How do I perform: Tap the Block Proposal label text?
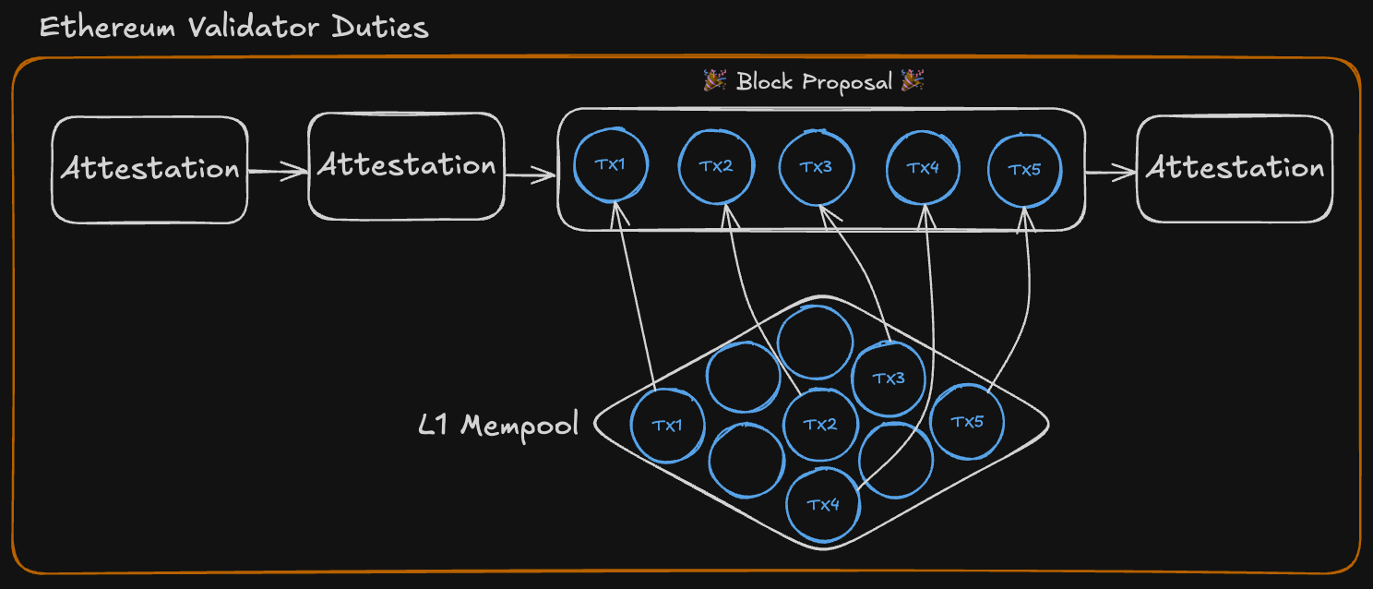[x=814, y=82]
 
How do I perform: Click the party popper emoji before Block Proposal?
[x=715, y=81]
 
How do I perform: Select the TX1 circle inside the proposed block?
[x=610, y=165]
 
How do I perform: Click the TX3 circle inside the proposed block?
[x=816, y=167]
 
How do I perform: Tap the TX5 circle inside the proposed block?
[x=1024, y=170]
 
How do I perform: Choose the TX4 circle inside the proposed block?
[x=923, y=168]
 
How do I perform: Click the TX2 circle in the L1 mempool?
[x=819, y=425]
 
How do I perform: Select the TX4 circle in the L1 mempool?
[x=823, y=505]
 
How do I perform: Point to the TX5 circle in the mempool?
[x=967, y=422]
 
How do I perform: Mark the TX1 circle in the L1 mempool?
[x=666, y=426]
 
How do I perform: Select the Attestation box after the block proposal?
[x=1235, y=169]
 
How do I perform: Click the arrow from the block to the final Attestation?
[x=1110, y=171]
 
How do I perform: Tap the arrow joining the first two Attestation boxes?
[x=277, y=170]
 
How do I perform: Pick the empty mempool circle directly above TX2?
[x=815, y=342]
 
